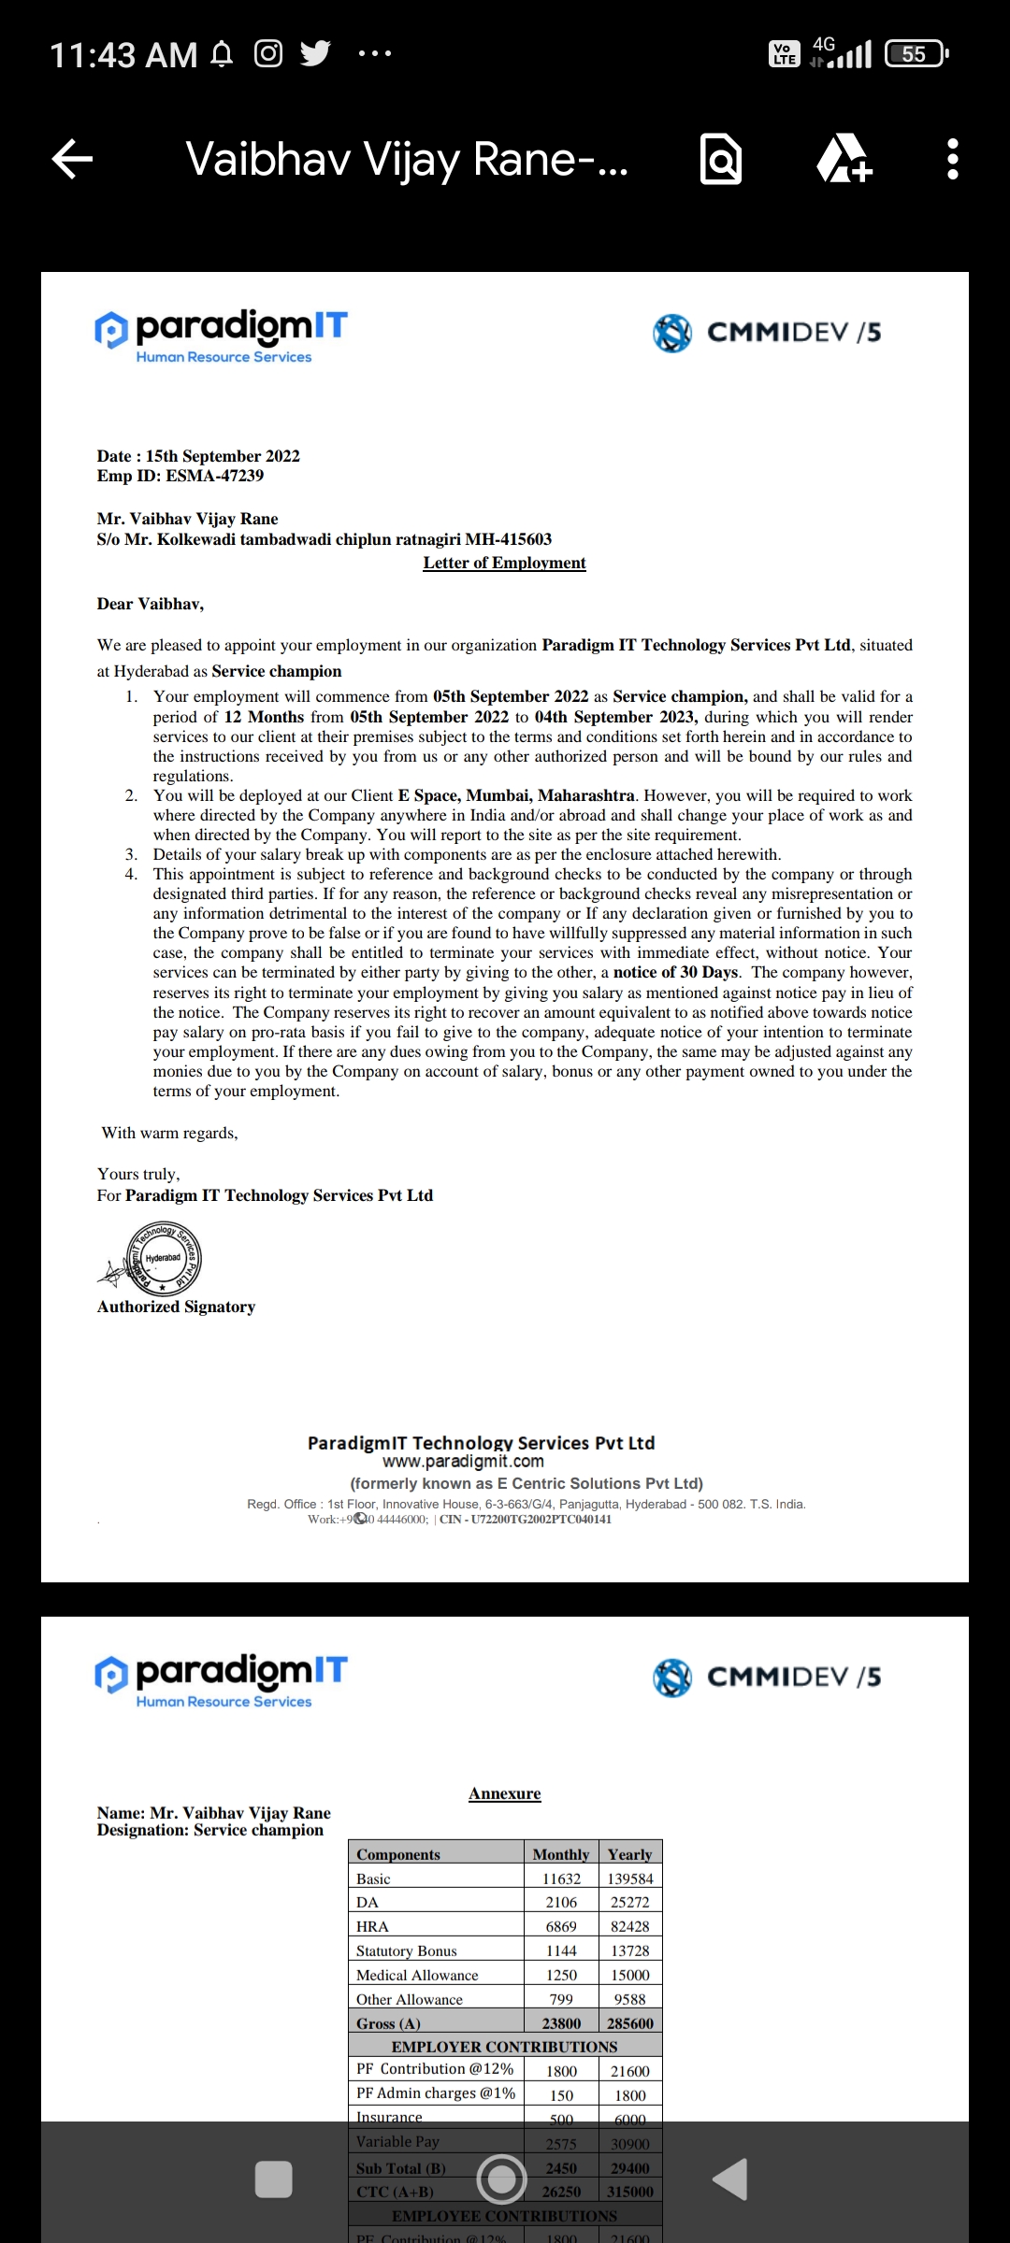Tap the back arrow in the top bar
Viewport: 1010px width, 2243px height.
(x=73, y=159)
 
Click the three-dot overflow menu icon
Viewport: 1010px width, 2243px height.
(x=952, y=159)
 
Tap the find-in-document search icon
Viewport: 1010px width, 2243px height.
(x=721, y=160)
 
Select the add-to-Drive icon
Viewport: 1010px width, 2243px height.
(x=844, y=159)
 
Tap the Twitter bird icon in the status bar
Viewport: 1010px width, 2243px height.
(x=315, y=54)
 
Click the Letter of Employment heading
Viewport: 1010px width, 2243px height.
(x=504, y=563)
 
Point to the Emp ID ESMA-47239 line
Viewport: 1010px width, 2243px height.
(x=180, y=476)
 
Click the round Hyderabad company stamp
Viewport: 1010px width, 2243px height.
(x=163, y=1258)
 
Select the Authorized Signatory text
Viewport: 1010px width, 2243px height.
(x=176, y=1307)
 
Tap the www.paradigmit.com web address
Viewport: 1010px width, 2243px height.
(x=463, y=1462)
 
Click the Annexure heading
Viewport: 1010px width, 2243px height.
(x=504, y=1793)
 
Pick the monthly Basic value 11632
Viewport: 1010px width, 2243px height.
(x=561, y=1879)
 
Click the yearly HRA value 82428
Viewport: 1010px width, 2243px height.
(x=629, y=1926)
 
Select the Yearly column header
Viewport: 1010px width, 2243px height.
(x=629, y=1854)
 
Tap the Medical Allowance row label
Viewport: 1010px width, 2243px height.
(x=417, y=1975)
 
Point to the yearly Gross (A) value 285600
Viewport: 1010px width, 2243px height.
(x=629, y=2023)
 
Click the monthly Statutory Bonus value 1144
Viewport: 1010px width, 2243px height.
(x=561, y=1950)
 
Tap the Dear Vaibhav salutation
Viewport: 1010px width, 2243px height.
(x=150, y=604)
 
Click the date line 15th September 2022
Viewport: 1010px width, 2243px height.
(x=198, y=456)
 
